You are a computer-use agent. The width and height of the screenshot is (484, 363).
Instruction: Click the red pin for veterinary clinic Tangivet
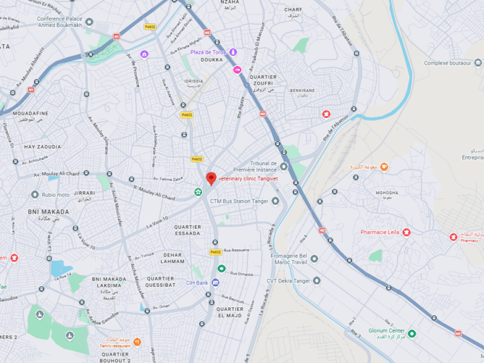(211, 178)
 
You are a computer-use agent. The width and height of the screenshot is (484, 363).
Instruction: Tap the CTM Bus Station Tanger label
(240, 201)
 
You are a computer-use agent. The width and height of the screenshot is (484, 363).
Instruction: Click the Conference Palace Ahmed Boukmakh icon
(90, 22)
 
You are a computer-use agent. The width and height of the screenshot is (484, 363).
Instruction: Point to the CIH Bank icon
(215, 283)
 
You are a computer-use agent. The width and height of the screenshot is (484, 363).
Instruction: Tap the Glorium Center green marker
(412, 333)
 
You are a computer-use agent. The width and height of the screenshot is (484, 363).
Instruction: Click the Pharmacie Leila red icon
(407, 232)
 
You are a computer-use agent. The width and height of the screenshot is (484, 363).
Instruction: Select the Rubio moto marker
(35, 195)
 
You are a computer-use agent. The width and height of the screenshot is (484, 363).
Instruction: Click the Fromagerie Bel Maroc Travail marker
(314, 259)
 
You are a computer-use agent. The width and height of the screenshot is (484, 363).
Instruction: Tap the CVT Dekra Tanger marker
(316, 281)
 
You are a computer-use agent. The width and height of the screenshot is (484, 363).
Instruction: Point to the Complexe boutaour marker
(479, 63)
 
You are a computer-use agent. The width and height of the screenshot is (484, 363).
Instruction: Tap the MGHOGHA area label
(387, 193)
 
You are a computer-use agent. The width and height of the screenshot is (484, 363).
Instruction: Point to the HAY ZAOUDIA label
(42, 147)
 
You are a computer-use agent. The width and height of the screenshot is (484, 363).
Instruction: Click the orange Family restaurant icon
(137, 342)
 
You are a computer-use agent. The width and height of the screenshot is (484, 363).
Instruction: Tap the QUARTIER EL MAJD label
(230, 312)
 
